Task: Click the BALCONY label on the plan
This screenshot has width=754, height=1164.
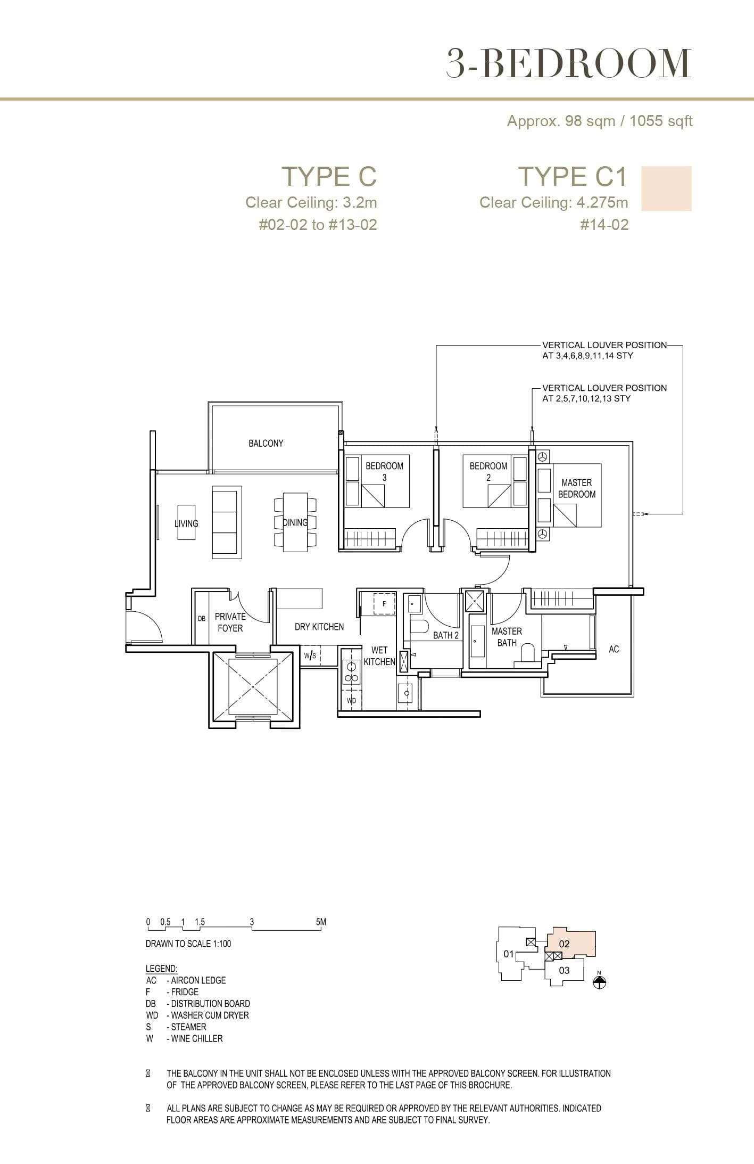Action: click(266, 443)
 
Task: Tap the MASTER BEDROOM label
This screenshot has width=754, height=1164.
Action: click(576, 488)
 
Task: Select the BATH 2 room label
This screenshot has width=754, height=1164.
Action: click(445, 635)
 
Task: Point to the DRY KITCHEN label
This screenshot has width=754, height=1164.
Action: click(319, 627)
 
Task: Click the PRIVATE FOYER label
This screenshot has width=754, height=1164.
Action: click(230, 622)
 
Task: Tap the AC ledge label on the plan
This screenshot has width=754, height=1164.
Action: click(614, 649)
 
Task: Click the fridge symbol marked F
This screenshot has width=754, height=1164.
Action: click(384, 604)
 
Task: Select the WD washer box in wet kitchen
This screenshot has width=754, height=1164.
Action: click(351, 701)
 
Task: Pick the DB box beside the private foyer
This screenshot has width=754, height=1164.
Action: click(202, 619)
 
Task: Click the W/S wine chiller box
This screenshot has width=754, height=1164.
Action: click(311, 655)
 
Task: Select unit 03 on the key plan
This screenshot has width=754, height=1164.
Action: click(564, 970)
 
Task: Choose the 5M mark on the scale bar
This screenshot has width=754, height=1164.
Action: click(321, 922)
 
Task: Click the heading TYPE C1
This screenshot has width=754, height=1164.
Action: click(573, 176)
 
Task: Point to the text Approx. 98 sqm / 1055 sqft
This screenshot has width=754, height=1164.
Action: click(599, 121)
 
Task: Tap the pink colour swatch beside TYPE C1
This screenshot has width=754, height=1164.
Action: click(666, 188)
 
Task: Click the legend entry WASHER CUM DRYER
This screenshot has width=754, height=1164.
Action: click(210, 1015)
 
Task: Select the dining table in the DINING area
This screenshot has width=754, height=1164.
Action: click(295, 522)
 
